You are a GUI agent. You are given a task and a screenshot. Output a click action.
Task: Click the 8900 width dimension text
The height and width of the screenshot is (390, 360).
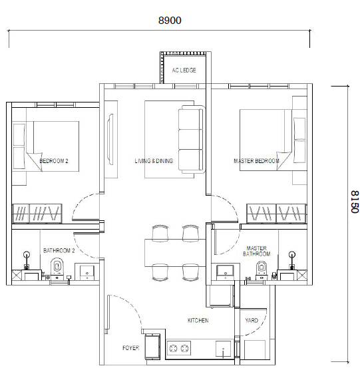click(170, 21)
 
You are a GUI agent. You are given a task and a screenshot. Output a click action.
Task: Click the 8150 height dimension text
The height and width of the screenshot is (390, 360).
click(353, 200)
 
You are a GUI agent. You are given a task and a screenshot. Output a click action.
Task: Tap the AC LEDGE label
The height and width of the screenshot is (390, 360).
click(184, 70)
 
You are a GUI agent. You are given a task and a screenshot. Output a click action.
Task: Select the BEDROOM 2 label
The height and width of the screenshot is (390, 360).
click(54, 162)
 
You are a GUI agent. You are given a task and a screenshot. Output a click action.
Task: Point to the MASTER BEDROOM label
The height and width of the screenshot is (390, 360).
click(256, 162)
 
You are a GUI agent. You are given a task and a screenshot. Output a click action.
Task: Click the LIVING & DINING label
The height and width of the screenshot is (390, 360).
click(154, 162)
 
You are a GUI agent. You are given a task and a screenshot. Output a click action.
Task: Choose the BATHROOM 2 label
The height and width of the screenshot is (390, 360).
click(59, 251)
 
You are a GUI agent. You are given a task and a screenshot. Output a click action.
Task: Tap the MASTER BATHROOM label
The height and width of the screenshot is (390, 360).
click(257, 251)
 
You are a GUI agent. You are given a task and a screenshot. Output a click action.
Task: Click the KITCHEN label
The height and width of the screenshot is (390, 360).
click(198, 321)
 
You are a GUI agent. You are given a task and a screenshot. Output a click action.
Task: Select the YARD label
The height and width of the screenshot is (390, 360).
click(252, 321)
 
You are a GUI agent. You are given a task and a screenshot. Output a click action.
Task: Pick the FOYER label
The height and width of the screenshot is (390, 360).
click(130, 348)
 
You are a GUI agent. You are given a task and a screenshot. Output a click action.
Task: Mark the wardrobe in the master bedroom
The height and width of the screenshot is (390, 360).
click(276, 213)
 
